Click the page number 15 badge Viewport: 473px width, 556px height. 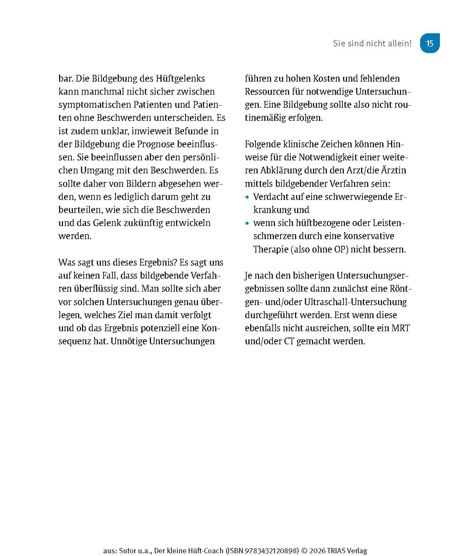tap(430, 43)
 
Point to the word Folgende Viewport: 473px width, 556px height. tap(264, 144)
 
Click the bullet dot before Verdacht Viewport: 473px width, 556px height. tap(247, 197)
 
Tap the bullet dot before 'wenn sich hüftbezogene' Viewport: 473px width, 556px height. tap(247, 223)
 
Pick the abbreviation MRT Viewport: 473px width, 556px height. tap(401, 328)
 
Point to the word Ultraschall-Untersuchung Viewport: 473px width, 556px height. tap(355, 302)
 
